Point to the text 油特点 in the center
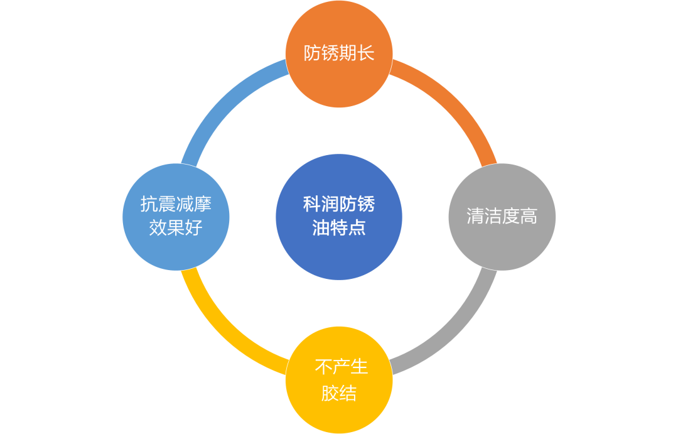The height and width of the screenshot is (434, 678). tap(339, 227)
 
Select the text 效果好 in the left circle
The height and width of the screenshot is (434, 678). tap(176, 227)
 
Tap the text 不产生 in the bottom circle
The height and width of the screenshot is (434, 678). tap(341, 367)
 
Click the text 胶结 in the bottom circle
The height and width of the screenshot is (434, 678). tap(339, 394)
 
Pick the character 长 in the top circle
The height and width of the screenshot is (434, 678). tap(365, 53)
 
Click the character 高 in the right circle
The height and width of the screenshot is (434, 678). tap(529, 217)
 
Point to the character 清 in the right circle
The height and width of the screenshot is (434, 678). tap(475, 217)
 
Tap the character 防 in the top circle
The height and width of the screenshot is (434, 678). tap(313, 53)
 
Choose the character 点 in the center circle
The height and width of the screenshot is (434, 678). tap(357, 227)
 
